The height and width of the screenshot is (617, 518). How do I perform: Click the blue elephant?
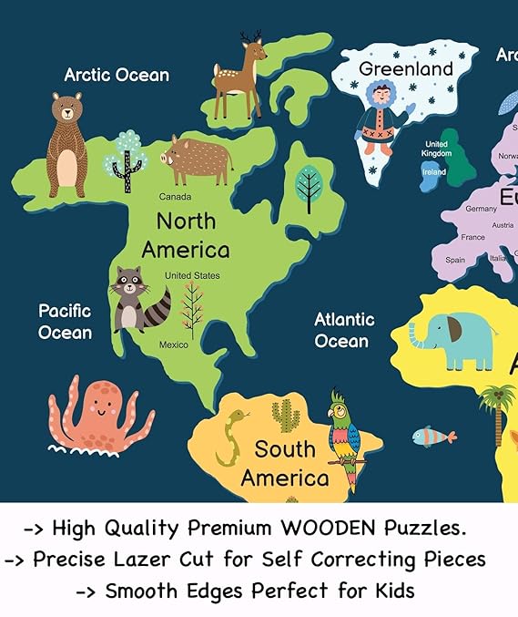click(x=452, y=339)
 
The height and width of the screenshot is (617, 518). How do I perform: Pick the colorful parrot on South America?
click(x=344, y=437)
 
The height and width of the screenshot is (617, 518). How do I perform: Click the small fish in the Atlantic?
click(x=433, y=437)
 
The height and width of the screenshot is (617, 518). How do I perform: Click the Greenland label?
click(x=405, y=69)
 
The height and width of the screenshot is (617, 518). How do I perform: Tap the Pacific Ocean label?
click(x=65, y=322)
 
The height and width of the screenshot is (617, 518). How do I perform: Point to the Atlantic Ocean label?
click(x=343, y=330)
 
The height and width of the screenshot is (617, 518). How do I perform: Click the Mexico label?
click(x=174, y=344)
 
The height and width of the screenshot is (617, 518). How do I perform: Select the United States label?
click(x=192, y=275)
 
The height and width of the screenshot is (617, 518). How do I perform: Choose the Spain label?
click(x=455, y=260)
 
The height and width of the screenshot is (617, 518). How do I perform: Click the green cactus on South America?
click(x=285, y=416)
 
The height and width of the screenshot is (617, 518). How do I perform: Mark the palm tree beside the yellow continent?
click(x=498, y=410)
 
